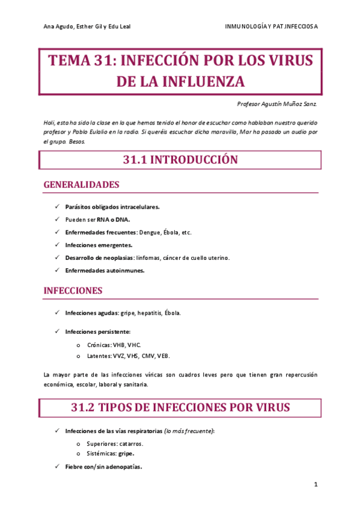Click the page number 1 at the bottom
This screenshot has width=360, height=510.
click(315, 484)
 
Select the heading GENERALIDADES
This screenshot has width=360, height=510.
click(81, 184)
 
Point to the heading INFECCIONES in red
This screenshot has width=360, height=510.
click(73, 290)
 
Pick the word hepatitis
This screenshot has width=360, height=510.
click(150, 313)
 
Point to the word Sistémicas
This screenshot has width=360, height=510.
click(100, 453)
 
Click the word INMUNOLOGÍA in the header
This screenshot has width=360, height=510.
click(246, 26)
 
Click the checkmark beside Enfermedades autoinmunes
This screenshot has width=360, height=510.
click(56, 270)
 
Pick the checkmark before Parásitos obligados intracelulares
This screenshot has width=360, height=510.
click(56, 207)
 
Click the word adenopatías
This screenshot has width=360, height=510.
click(123, 467)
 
